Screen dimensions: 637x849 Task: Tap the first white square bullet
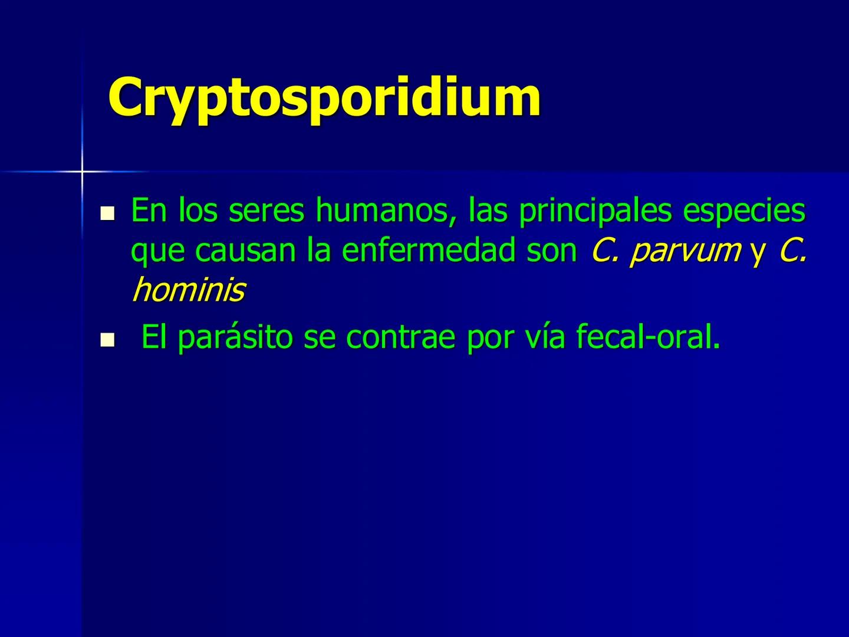[107, 212]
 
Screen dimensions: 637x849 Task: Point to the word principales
[595, 211]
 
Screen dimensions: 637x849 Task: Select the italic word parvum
[684, 251]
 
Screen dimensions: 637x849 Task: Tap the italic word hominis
[188, 290]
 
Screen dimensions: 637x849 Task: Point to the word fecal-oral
[648, 338]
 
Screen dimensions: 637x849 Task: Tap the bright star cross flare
[82, 171]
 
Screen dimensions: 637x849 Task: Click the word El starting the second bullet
[155, 338]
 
